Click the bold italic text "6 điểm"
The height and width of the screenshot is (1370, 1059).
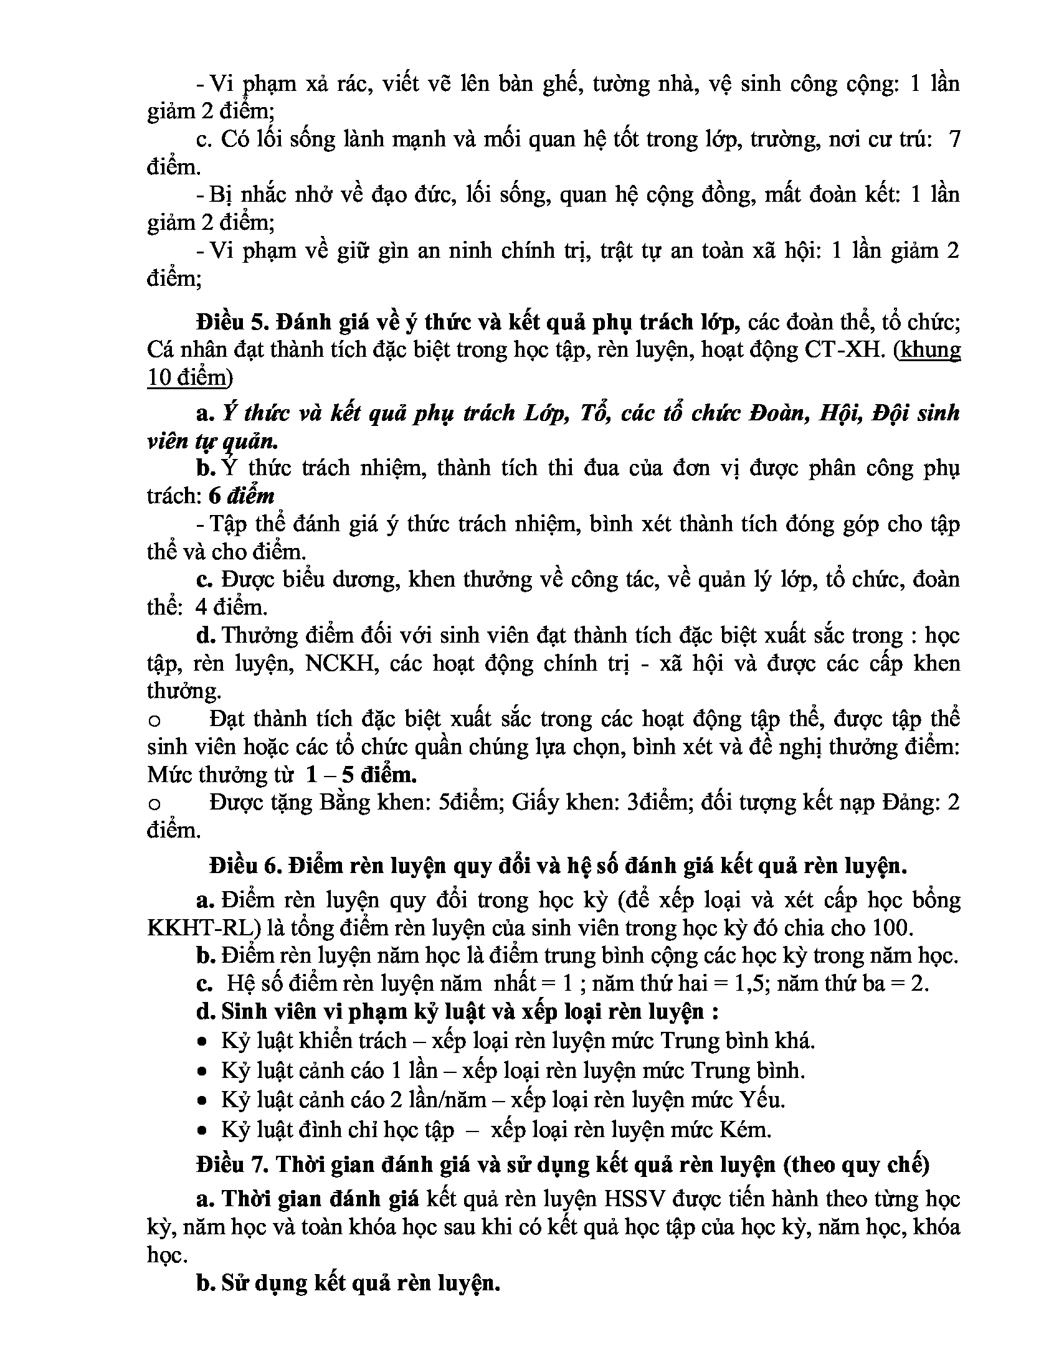[242, 496]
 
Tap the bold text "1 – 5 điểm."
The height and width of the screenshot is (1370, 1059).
[361, 775]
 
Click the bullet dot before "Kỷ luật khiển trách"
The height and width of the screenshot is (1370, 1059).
[202, 1042]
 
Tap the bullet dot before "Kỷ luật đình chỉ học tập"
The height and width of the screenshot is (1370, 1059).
[202, 1131]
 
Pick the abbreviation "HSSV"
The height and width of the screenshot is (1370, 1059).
[635, 1199]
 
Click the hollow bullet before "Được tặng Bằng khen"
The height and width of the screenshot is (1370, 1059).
[154, 804]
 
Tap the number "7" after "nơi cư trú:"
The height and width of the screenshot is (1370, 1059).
[954, 139]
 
